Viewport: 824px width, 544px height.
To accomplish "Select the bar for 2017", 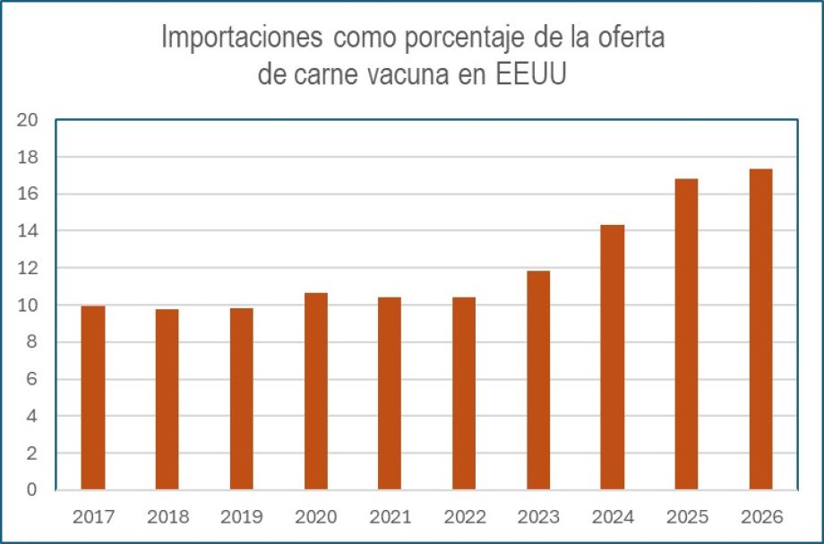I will (x=93, y=398).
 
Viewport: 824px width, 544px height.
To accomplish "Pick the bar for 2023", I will (x=538, y=380).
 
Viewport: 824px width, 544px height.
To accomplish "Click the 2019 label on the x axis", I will (x=242, y=517).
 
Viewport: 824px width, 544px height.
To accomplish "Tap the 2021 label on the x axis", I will (x=391, y=517).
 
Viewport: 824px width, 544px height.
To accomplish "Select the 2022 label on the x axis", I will (x=465, y=517).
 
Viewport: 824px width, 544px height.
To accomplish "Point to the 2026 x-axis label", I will (x=762, y=517).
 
